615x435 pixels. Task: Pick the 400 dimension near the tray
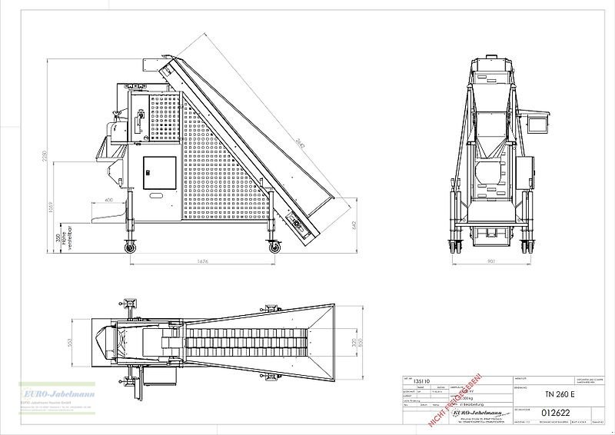[109, 201]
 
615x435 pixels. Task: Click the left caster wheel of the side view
[129, 246]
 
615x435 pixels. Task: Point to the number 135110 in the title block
[422, 380]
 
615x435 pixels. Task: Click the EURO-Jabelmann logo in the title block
[470, 412]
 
